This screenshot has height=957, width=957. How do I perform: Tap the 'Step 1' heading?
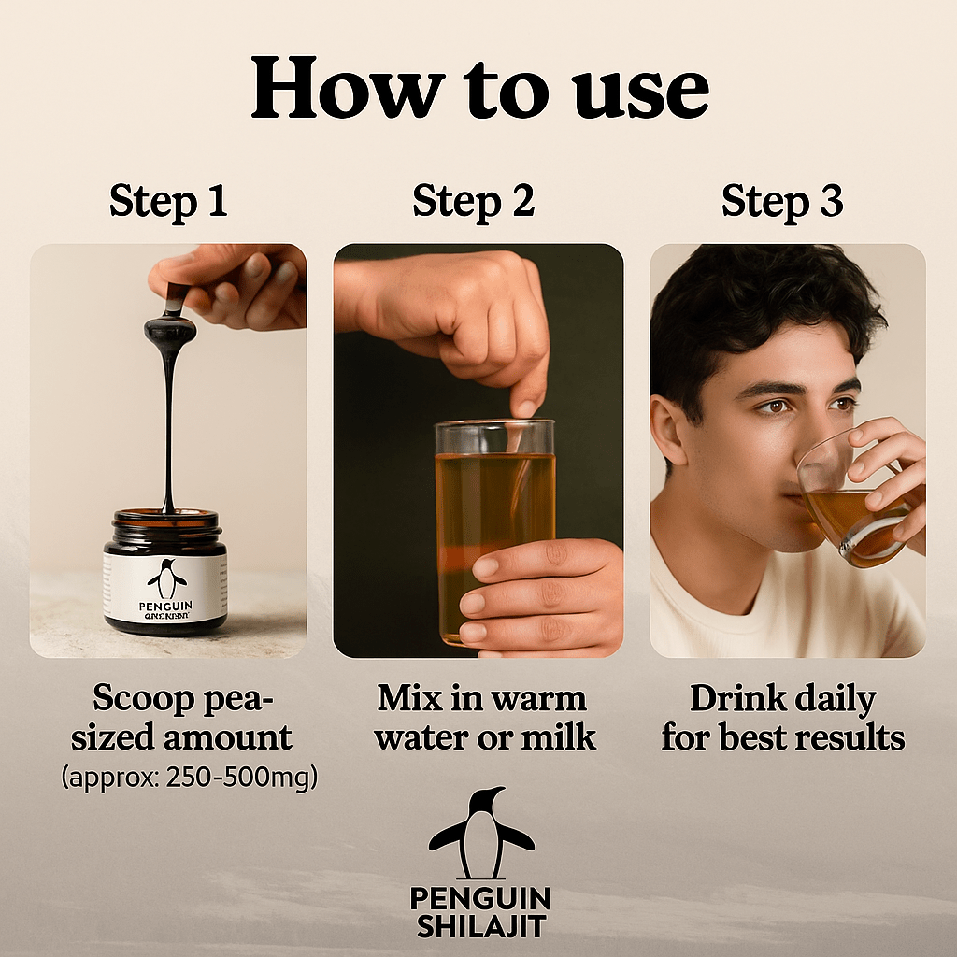[x=168, y=201]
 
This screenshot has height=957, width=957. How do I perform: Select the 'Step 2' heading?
[x=474, y=201]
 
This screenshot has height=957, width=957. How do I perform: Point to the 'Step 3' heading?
[x=782, y=201]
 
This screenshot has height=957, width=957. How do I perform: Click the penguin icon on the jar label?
[x=166, y=578]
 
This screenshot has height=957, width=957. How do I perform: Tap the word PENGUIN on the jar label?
[x=165, y=606]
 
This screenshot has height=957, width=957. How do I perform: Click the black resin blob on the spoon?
[x=170, y=329]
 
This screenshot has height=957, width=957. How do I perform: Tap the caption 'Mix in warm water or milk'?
[x=481, y=718]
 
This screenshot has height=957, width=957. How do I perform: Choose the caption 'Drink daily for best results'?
[x=783, y=718]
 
